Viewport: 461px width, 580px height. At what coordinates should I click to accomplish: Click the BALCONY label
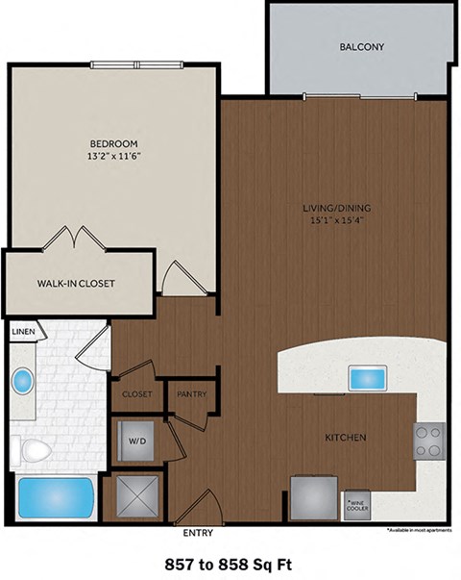[x=360, y=47]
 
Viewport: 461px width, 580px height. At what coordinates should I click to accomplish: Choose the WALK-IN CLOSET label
[x=77, y=283]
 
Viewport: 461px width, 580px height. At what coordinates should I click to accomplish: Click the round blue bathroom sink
[x=22, y=382]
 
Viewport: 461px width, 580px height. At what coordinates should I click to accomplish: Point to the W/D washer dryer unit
[x=135, y=442]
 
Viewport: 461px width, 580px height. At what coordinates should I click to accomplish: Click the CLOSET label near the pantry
[x=137, y=393]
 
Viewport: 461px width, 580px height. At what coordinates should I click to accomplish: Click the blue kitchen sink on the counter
[x=367, y=375]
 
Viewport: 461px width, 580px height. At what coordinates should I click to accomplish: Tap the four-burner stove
[x=429, y=441]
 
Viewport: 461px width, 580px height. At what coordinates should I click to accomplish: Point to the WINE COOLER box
[x=356, y=503]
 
